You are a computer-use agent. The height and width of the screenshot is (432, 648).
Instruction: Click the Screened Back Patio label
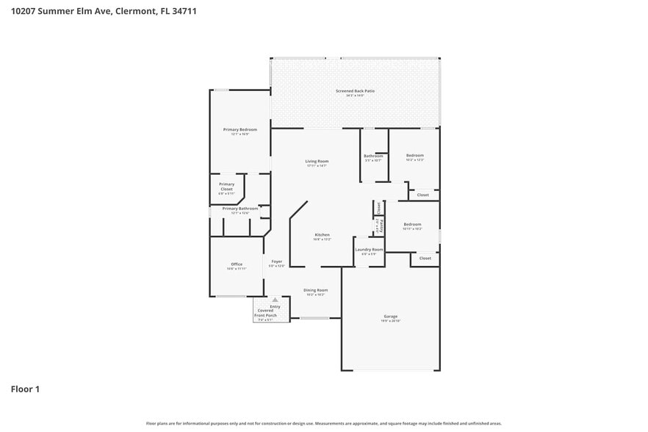[x=355, y=91]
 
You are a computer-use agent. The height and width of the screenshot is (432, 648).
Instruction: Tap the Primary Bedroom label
[x=240, y=130]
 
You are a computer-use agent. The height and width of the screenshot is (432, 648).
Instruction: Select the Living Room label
[x=317, y=162]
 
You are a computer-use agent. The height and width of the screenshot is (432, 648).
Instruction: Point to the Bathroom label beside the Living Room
[x=373, y=156]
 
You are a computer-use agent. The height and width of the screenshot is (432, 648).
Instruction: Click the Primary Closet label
[x=226, y=187]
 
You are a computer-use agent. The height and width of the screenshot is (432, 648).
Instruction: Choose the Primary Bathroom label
[x=240, y=209]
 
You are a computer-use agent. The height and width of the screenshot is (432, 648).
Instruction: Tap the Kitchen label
[x=322, y=235]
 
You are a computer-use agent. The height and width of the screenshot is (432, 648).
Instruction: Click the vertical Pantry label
[x=381, y=224]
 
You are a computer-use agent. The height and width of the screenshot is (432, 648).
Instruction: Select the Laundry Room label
[x=369, y=250]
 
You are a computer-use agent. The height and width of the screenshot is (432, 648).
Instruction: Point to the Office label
[x=236, y=264]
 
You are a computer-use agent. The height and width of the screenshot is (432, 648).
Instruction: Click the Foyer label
[x=276, y=262]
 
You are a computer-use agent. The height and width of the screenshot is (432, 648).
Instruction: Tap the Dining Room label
[x=315, y=290]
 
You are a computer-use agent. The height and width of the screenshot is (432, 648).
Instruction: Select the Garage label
[x=390, y=317]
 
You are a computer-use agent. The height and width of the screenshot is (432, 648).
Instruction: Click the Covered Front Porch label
[x=265, y=314]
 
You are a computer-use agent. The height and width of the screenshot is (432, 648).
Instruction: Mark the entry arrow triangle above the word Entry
[x=275, y=300]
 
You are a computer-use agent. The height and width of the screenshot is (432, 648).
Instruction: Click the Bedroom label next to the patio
[x=415, y=156]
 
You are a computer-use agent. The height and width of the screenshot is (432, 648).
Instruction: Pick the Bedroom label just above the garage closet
[x=412, y=225]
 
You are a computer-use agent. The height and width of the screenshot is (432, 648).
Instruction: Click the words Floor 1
[x=25, y=389]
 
